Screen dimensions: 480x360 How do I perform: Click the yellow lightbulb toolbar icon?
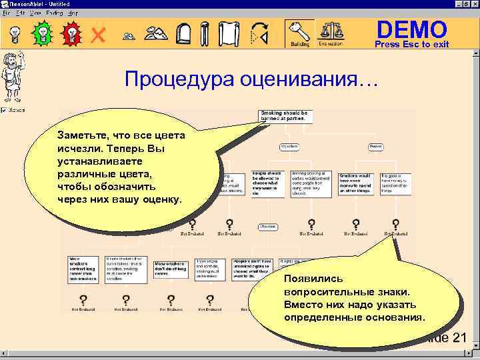point(14,33)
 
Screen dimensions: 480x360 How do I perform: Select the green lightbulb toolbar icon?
point(42,33)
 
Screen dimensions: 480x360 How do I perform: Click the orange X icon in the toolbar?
point(98,34)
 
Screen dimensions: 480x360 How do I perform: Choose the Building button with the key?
point(299,33)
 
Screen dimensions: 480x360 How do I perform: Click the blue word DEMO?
point(411,29)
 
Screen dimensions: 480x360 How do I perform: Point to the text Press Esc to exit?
point(411,45)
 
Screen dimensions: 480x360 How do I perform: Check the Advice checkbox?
point(4,110)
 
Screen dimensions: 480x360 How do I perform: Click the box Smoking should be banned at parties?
point(284,116)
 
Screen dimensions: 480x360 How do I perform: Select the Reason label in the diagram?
point(376,145)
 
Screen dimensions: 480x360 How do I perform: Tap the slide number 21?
point(459,338)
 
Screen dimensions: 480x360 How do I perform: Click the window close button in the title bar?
point(473,4)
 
